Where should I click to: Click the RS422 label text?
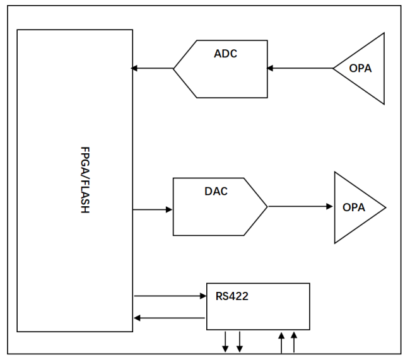231,296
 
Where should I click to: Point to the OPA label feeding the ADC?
361,68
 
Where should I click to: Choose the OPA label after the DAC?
353,207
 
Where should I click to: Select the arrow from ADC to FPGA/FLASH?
152,68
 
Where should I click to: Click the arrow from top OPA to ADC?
300,68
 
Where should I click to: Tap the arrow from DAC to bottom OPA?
300,206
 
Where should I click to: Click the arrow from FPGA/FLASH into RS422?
170,294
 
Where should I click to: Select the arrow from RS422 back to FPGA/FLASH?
170,318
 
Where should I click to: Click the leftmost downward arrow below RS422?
225,342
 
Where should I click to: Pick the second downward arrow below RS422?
240,342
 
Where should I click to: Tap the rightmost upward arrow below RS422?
294,342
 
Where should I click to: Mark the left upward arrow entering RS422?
281,342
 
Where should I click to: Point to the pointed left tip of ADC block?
174,68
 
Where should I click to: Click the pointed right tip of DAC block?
267,206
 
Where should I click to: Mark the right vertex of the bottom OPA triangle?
385,207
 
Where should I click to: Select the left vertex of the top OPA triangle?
333,68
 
